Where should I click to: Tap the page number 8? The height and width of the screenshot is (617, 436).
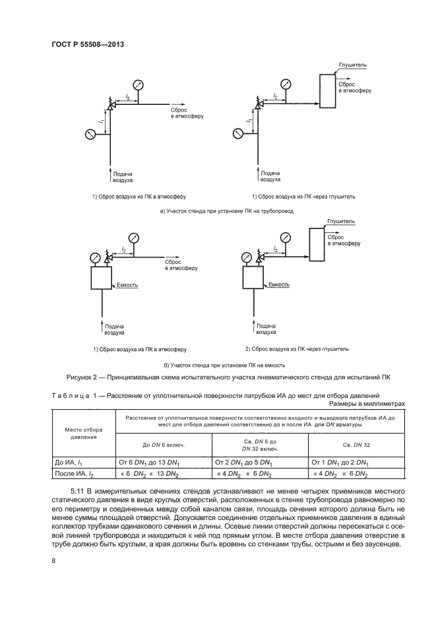pyautogui.click(x=52, y=561)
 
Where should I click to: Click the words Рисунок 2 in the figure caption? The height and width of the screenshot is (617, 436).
pyautogui.click(x=86, y=378)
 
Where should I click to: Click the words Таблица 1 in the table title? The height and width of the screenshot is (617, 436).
pyautogui.click(x=74, y=395)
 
